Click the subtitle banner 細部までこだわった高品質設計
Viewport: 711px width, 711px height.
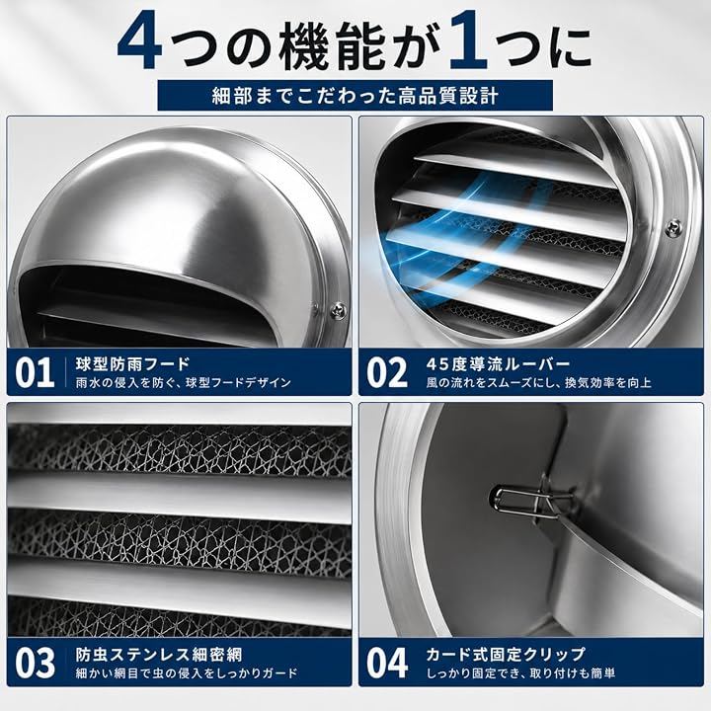click(355, 95)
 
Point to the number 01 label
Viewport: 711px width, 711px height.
click(35, 372)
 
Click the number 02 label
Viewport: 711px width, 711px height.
click(387, 372)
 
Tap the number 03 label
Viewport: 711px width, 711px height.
click(35, 663)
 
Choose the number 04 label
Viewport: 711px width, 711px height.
click(387, 663)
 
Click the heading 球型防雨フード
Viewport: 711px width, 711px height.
click(133, 363)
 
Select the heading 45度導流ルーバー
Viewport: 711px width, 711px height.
click(498, 363)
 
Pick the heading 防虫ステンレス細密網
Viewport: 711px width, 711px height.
click(159, 655)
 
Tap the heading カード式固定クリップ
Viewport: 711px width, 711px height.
click(506, 655)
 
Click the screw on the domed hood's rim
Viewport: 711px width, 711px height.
click(339, 311)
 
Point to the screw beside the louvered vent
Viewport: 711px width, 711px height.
click(672, 227)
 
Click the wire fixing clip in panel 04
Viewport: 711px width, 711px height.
click(529, 498)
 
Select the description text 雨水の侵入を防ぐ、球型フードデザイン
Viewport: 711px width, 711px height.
click(184, 383)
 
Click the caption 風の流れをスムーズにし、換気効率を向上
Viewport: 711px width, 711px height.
click(539, 383)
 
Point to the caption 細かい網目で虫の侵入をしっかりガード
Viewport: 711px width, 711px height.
click(187, 673)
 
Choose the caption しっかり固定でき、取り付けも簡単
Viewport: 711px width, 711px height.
click(520, 673)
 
